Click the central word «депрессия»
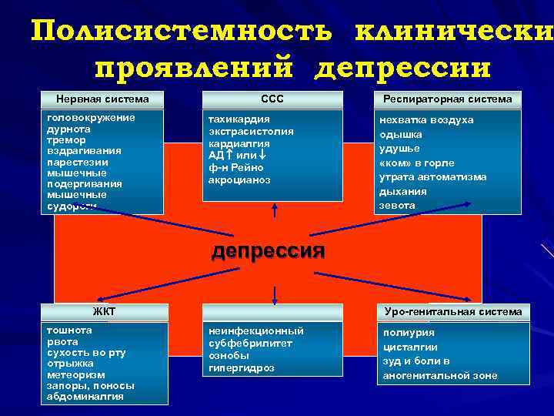tap(268, 250)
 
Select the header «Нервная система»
tap(102, 99)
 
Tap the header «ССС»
tap(272, 99)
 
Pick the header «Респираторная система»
tap(447, 99)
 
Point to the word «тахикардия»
tap(239, 120)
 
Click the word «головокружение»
tap(91, 117)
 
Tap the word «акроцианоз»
tap(239, 179)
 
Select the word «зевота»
tap(397, 206)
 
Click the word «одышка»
tap(400, 134)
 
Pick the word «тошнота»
tap(69, 330)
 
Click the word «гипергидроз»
tap(242, 368)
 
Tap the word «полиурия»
tap(409, 333)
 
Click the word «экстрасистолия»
tap(251, 131)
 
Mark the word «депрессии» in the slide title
tap(402, 68)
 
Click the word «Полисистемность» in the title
tap(182, 32)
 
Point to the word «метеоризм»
tap(75, 374)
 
